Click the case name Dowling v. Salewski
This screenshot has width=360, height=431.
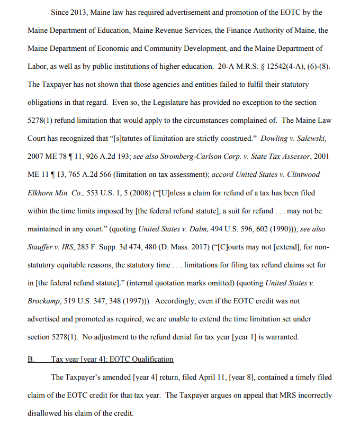[294, 139]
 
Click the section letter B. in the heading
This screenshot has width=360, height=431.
[31, 359]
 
